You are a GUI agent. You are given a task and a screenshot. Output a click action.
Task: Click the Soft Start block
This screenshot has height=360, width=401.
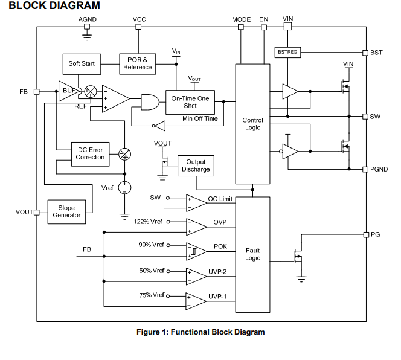(82, 63)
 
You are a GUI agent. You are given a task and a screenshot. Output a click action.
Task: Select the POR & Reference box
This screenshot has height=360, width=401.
(138, 63)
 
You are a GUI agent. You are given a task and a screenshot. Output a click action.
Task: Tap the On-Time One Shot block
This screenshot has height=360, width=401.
(190, 101)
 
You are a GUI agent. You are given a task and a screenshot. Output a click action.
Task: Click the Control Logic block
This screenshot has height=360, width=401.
(252, 124)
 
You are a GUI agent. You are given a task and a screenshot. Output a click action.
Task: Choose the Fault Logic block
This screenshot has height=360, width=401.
(252, 254)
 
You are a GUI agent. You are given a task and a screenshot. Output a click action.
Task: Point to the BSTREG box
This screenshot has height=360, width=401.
(287, 53)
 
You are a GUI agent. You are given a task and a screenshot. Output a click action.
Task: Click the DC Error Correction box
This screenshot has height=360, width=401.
(90, 153)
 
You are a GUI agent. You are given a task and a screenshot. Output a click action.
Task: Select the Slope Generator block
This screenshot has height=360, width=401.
(66, 211)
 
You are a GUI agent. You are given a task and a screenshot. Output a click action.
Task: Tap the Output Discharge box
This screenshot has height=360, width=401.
(196, 166)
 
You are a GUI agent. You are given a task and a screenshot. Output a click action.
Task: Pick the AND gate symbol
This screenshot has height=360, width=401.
(149, 102)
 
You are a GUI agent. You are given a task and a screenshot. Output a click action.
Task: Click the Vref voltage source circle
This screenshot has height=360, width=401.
(124, 187)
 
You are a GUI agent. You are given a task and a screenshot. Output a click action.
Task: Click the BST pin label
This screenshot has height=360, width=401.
(376, 53)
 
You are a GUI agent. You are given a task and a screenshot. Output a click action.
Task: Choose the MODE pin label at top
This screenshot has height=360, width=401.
(241, 19)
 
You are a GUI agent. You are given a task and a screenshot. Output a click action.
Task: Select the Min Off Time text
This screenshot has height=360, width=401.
(200, 118)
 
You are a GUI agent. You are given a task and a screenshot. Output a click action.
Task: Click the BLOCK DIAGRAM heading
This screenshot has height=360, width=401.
(54, 5)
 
